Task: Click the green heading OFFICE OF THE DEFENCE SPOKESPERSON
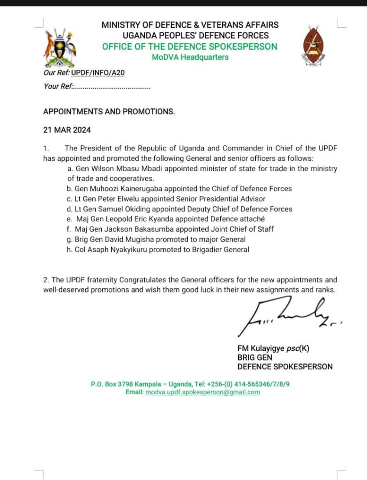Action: pos(189,46)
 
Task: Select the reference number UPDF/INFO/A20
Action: pos(98,73)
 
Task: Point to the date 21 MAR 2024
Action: pos(67,130)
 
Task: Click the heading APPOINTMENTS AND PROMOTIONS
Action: pos(109,112)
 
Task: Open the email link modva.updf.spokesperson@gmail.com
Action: pos(202,392)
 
